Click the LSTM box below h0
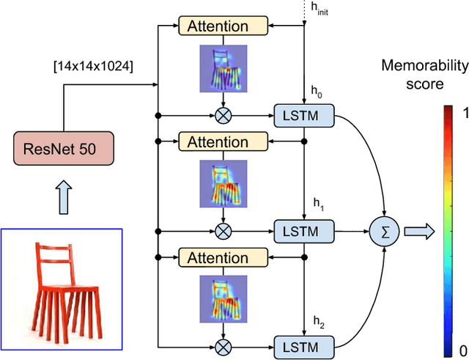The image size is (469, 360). tap(303, 115)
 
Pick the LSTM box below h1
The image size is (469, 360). tap(303, 230)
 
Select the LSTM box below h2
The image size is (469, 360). tap(303, 345)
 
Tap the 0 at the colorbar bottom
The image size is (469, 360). tap(461, 350)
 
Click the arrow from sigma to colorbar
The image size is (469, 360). tap(420, 232)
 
